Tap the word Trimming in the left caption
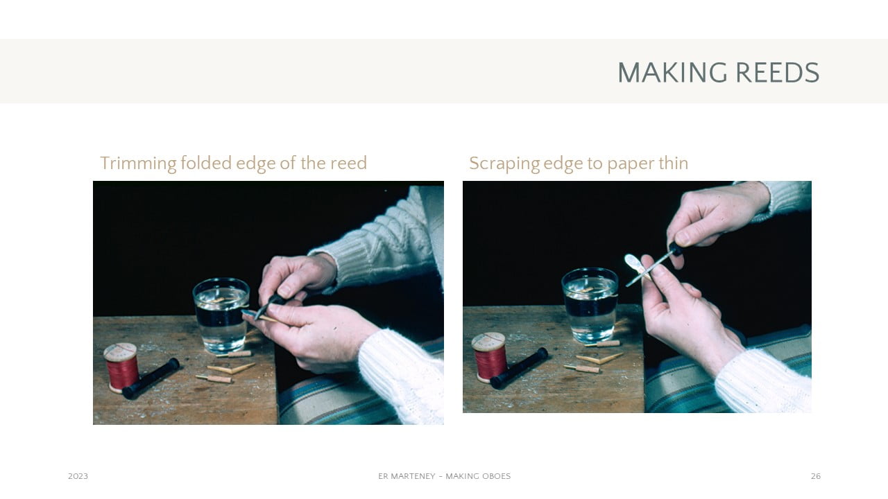[138, 164]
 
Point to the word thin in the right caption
[674, 163]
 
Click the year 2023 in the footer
[78, 476]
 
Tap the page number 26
[816, 476]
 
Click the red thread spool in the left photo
[121, 368]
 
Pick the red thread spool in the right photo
[489, 357]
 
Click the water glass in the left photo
[221, 315]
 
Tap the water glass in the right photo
[590, 306]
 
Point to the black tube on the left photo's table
[151, 378]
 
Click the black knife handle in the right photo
[676, 249]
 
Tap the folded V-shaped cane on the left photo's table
[231, 369]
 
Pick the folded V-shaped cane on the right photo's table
[599, 358]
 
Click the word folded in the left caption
[206, 163]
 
